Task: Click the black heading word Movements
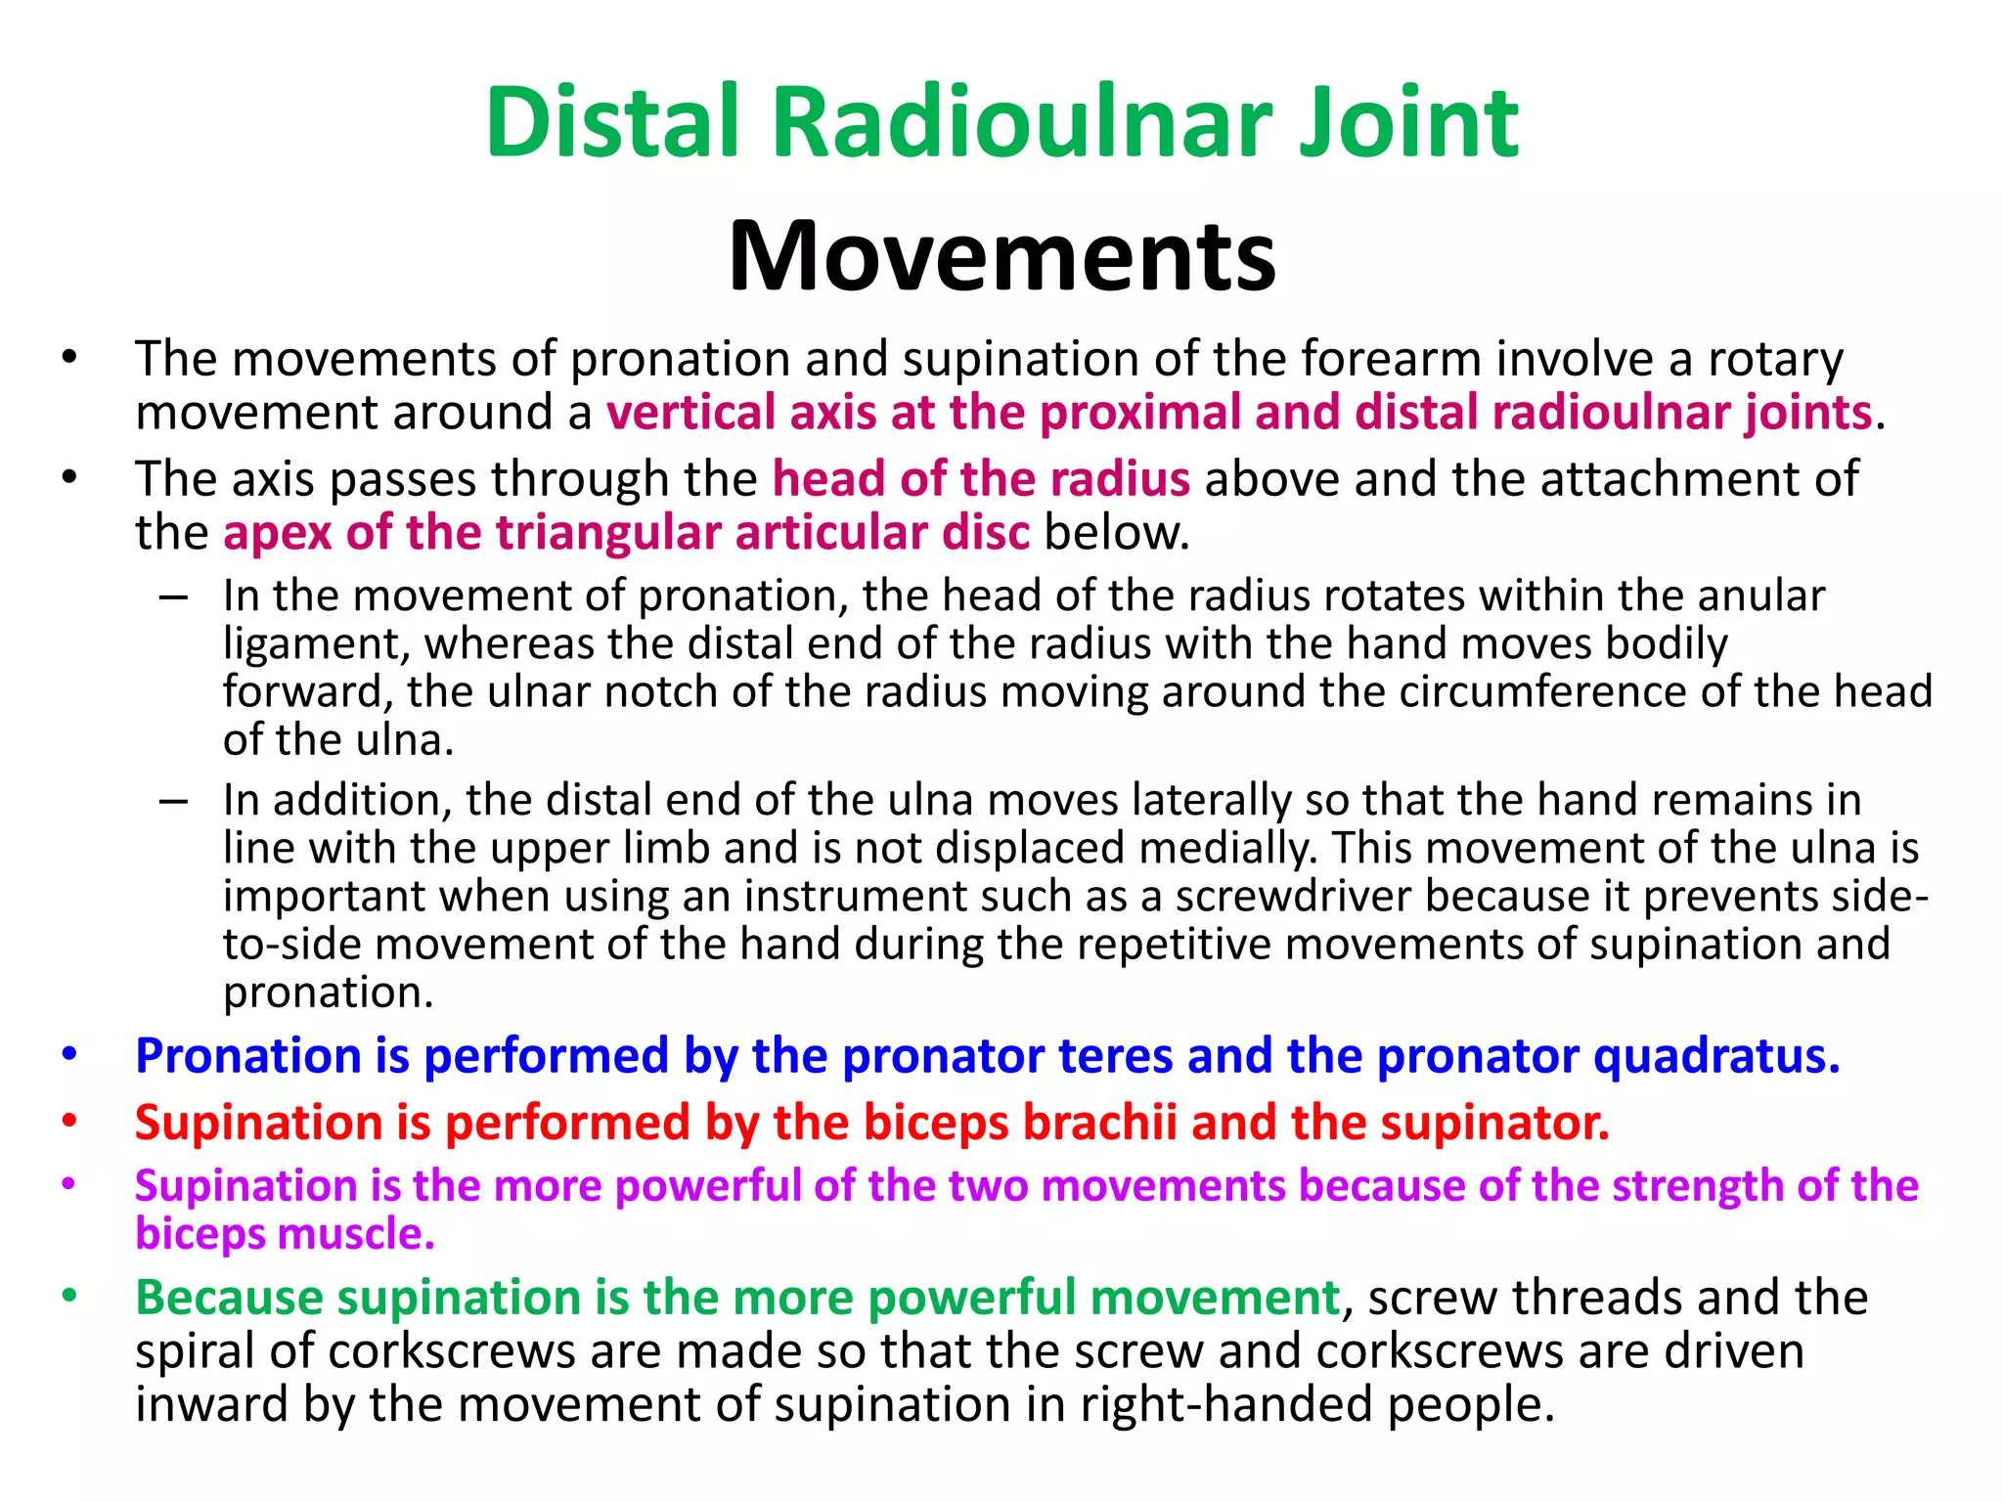pos(1001,256)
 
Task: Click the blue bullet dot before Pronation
pos(68,1055)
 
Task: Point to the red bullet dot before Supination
pos(68,1121)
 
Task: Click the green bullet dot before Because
pos(68,1297)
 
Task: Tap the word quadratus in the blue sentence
pos(1716,1056)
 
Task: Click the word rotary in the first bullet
pos(1774,360)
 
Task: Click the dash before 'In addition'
pos(173,801)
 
